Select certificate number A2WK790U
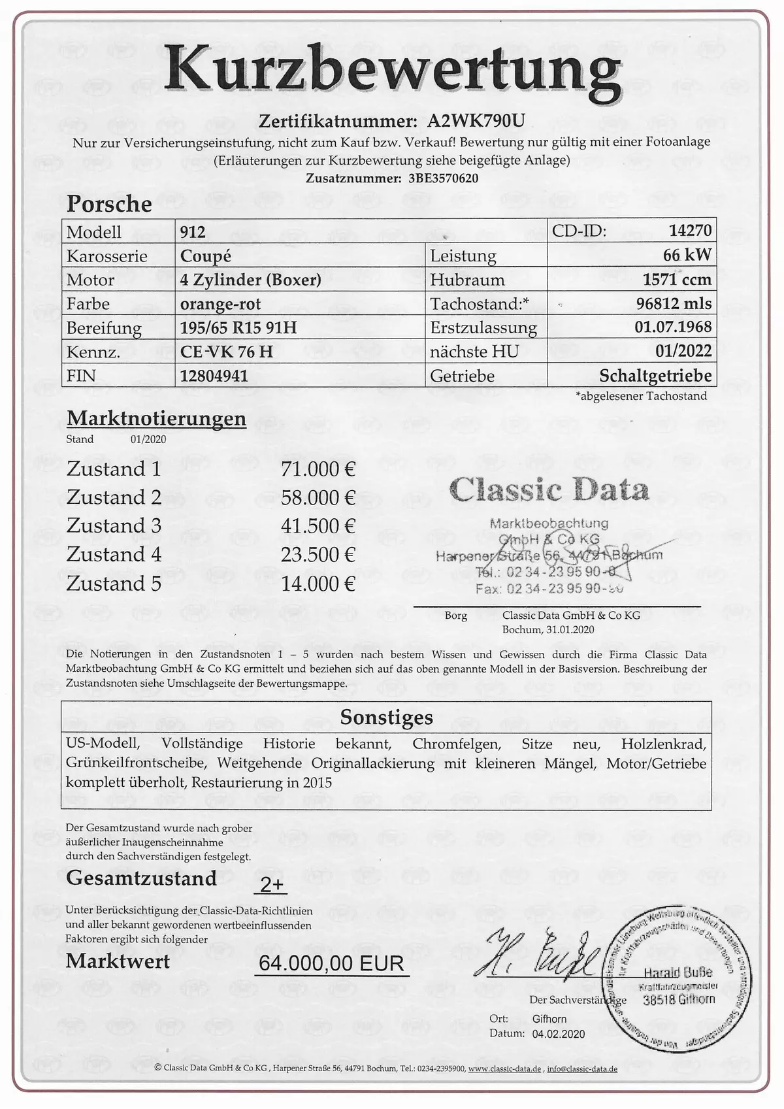(x=476, y=121)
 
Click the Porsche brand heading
(x=109, y=204)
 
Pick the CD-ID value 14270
(x=690, y=230)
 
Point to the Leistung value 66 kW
(x=687, y=255)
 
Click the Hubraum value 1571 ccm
(x=677, y=280)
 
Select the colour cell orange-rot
(x=220, y=304)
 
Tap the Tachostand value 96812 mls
(x=674, y=303)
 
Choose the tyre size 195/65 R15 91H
(x=238, y=327)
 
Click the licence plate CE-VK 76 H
(x=227, y=352)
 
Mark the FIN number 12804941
(x=214, y=376)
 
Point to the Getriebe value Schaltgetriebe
(x=655, y=376)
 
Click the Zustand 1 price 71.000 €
(x=318, y=469)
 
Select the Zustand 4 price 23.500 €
(x=318, y=555)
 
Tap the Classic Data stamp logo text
(x=549, y=490)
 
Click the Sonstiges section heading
(x=386, y=717)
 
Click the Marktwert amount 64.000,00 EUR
(x=331, y=963)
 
